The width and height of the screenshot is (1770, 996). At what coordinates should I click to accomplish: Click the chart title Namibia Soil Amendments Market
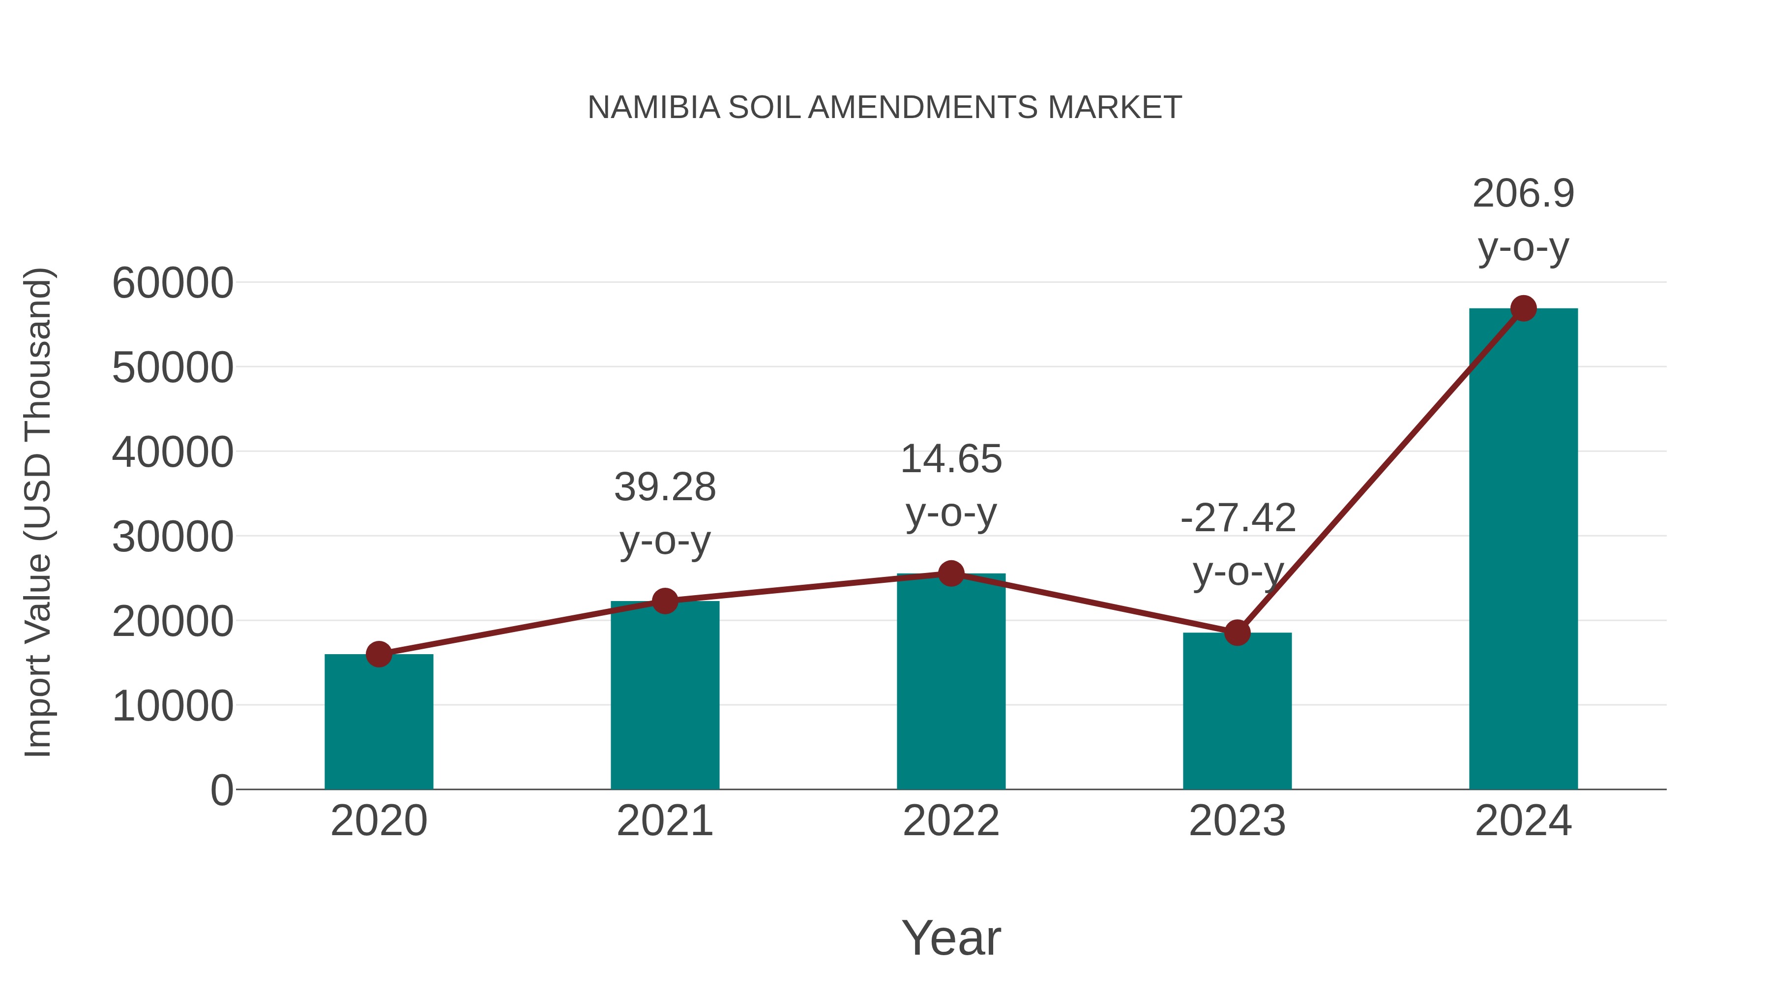tap(885, 108)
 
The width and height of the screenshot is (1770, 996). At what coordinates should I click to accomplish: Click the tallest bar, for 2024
tap(1523, 550)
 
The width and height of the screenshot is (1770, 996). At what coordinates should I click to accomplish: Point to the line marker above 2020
tap(379, 654)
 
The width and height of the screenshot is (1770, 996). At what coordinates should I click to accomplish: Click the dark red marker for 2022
tap(951, 573)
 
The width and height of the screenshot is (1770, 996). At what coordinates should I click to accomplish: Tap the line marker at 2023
tap(1237, 633)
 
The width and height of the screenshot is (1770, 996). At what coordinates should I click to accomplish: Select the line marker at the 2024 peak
tap(1523, 308)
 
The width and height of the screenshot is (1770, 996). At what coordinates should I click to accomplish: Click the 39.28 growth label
tap(664, 487)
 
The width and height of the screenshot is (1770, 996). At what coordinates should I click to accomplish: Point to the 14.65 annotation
tap(951, 459)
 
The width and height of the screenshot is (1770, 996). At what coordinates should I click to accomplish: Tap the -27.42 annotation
tap(1238, 518)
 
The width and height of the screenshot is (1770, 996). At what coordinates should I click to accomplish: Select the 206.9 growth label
tap(1523, 194)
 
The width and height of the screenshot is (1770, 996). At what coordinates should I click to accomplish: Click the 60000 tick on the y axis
tap(173, 283)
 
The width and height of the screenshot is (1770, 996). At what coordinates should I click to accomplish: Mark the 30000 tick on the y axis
tap(173, 537)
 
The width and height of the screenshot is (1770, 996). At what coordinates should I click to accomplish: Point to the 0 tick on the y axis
tap(222, 790)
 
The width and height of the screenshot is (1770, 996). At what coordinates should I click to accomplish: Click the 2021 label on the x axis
tap(664, 821)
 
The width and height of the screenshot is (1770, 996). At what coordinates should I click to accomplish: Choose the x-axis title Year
tap(951, 937)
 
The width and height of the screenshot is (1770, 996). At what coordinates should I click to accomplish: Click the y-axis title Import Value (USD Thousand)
tap(38, 512)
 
